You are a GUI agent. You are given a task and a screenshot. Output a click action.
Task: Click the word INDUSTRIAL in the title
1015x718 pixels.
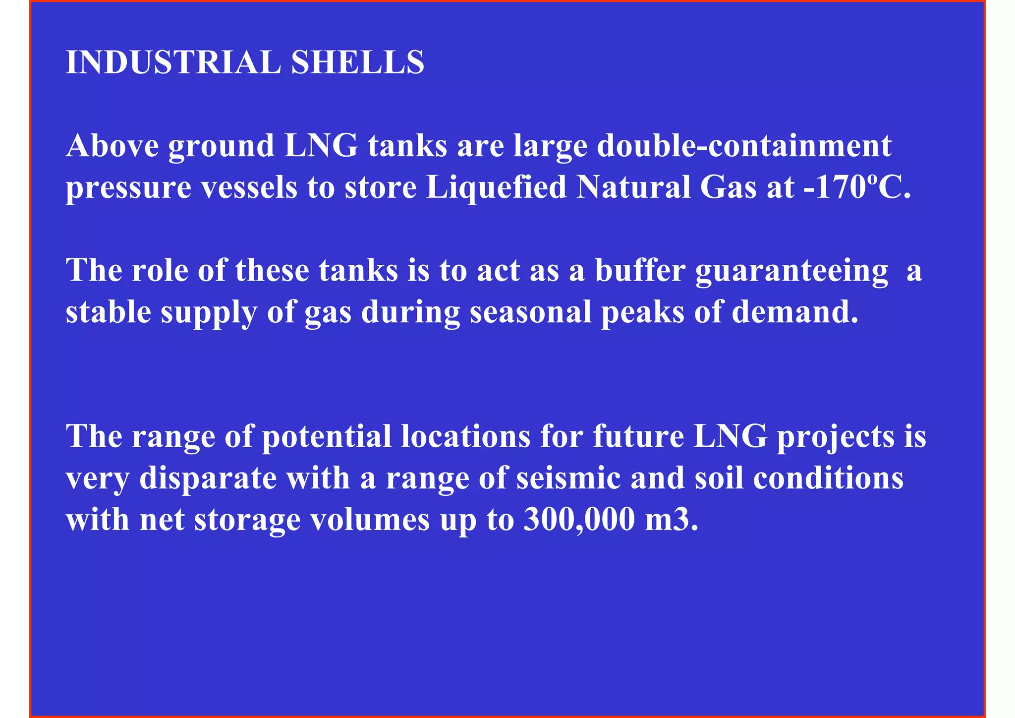point(173,62)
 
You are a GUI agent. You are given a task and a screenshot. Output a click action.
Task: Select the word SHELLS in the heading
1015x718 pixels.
point(357,62)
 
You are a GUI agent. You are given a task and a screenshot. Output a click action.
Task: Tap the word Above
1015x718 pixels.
point(113,146)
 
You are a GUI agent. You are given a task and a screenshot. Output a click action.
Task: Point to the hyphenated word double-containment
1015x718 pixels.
point(744,146)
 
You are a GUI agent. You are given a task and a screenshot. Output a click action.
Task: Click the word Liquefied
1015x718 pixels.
point(496,188)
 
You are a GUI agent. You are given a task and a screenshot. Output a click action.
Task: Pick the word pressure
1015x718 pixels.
point(128,189)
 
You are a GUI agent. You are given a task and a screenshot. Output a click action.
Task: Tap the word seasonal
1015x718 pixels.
point(531,312)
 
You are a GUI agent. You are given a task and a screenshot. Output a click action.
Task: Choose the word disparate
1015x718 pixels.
point(208,479)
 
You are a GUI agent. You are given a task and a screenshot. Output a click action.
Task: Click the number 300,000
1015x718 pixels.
point(579,520)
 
